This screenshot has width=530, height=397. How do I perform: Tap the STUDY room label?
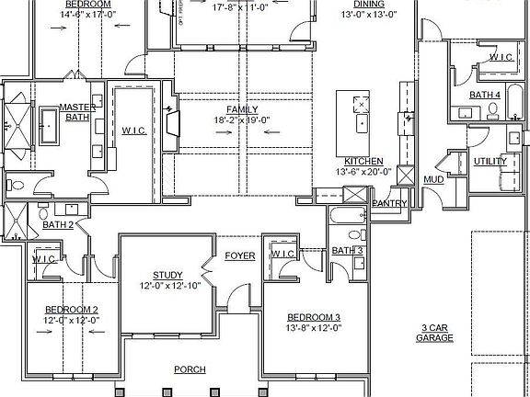[x=167, y=275]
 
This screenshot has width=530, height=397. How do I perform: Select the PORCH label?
[x=190, y=369]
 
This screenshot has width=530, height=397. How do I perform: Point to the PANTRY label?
[x=389, y=203]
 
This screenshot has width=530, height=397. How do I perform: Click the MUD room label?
[x=432, y=179]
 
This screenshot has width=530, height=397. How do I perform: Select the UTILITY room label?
[x=490, y=161]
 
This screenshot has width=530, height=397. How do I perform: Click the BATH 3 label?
[x=347, y=251]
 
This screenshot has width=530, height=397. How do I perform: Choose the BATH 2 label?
[x=57, y=224]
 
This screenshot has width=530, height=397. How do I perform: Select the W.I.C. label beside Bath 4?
[x=501, y=57]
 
